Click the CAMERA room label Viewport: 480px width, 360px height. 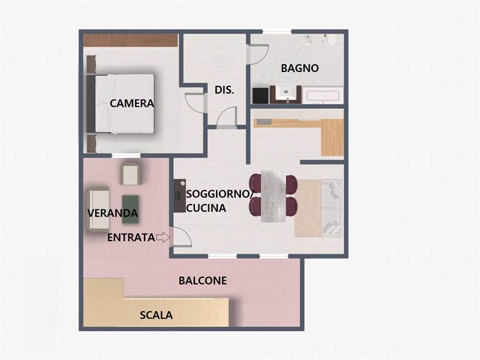131,103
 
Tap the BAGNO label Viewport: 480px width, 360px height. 299,68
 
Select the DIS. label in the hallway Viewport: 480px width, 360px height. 224,90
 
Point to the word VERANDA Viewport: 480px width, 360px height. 113,213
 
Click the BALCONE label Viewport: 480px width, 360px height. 203,280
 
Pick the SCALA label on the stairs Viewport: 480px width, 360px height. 156,315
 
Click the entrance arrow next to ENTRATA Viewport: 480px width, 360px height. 163,237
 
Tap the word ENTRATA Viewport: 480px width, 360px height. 131,238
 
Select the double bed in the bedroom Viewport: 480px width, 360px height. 120,104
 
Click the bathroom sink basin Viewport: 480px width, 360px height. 286,92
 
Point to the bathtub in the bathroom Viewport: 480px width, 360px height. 323,95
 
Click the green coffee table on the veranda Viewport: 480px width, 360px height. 130,209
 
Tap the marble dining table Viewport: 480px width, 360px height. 274,196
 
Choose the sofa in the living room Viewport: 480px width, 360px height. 332,208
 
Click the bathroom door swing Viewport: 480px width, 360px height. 258,55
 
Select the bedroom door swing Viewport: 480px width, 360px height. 194,103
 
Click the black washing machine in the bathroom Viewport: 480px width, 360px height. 260,95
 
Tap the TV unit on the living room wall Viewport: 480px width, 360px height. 179,196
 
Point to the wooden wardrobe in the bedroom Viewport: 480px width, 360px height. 130,40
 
